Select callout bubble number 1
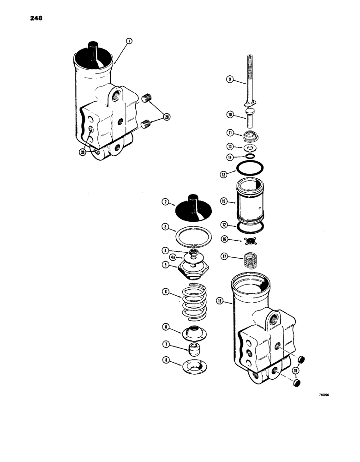tap(129, 41)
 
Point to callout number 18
tap(220, 301)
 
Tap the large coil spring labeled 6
tap(193, 303)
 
